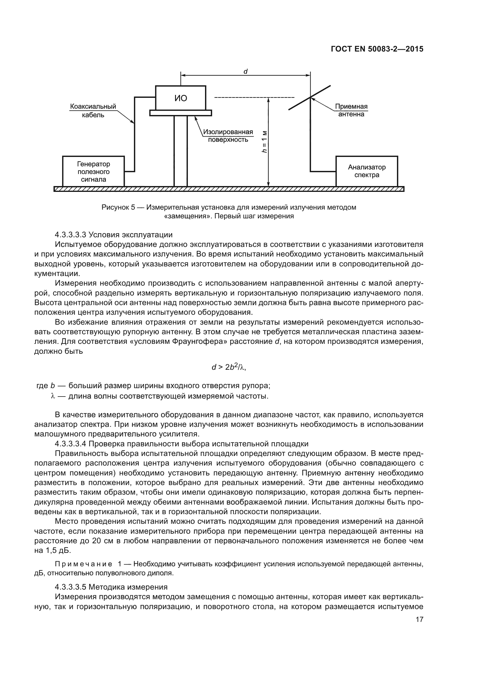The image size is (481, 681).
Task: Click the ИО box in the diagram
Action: pos(181,98)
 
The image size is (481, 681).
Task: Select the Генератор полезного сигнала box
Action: pos(93,172)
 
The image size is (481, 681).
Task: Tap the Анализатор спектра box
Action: pos(367,171)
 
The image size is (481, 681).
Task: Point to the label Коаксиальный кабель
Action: pos(93,111)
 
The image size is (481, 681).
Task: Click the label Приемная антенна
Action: pos(351,110)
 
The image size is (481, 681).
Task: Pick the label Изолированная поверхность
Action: pos(228,136)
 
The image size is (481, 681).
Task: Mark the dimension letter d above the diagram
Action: pos(245,72)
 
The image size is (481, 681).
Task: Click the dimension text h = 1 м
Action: pos(264,141)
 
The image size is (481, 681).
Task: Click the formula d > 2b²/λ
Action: pos(229,367)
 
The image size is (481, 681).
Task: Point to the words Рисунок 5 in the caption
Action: pos(118,207)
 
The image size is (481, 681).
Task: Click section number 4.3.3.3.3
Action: pos(70,235)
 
